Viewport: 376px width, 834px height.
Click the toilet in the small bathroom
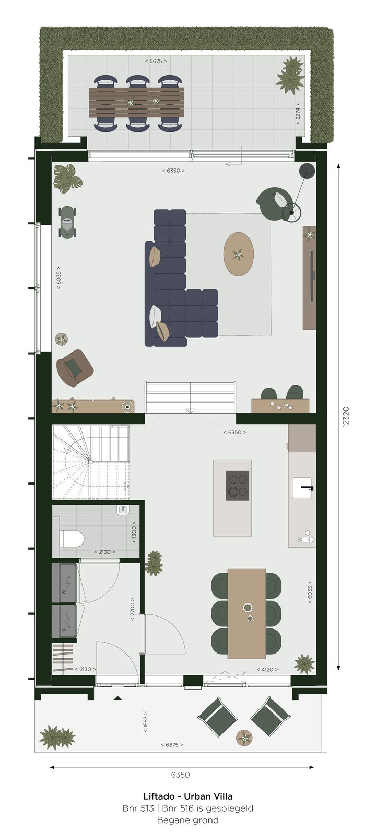click(x=72, y=538)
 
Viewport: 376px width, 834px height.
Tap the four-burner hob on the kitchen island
click(x=238, y=485)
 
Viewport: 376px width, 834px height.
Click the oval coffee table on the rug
click(x=239, y=255)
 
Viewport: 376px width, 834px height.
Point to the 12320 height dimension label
click(x=346, y=417)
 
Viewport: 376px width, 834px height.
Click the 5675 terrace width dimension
click(x=156, y=61)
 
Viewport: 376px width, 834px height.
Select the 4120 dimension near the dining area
click(x=267, y=669)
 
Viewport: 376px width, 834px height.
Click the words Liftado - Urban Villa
click(x=188, y=796)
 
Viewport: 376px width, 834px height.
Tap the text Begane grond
click(x=188, y=820)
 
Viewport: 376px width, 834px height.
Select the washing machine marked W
click(x=64, y=582)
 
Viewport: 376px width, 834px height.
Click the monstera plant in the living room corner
click(x=65, y=178)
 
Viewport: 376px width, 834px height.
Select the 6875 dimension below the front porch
click(x=172, y=745)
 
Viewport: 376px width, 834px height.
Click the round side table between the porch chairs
click(x=244, y=738)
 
